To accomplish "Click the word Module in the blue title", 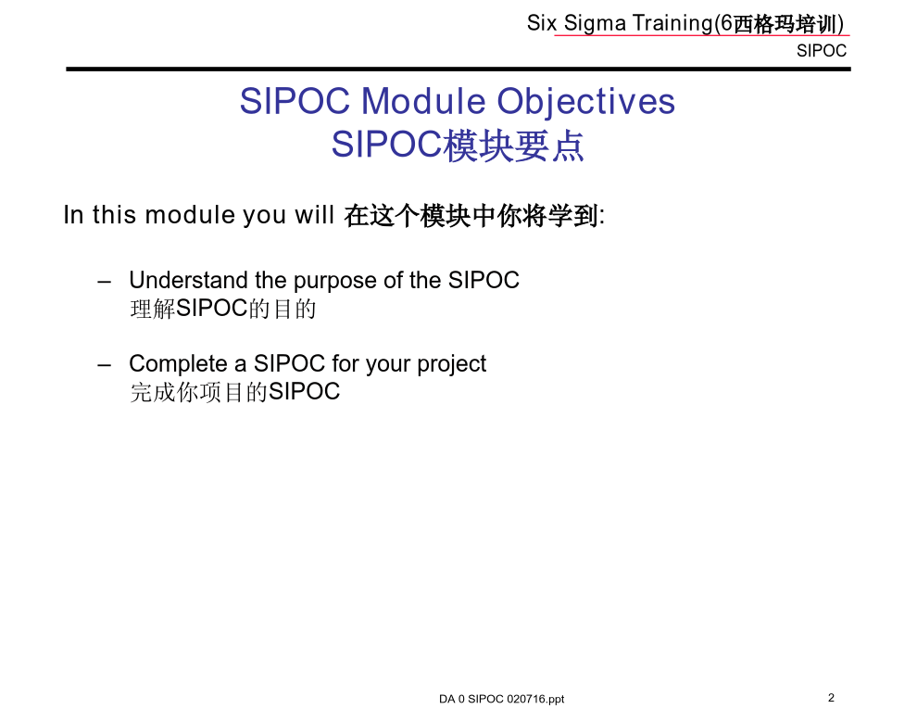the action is click(x=422, y=101).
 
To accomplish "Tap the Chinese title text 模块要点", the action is click(x=513, y=146).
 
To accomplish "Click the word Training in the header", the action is click(x=672, y=23).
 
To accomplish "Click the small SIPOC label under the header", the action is click(x=821, y=51).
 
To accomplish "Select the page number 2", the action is click(x=831, y=697).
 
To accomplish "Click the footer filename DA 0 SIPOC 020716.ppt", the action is click(x=502, y=699).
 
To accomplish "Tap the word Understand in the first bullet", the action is click(x=188, y=280).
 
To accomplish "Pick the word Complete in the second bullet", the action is click(x=179, y=364).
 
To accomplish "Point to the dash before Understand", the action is click(x=105, y=282).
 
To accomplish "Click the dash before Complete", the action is click(x=105, y=365).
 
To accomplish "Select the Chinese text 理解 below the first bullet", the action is click(x=153, y=309).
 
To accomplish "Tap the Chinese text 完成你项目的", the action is click(x=199, y=392).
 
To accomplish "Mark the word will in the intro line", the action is click(x=314, y=215).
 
